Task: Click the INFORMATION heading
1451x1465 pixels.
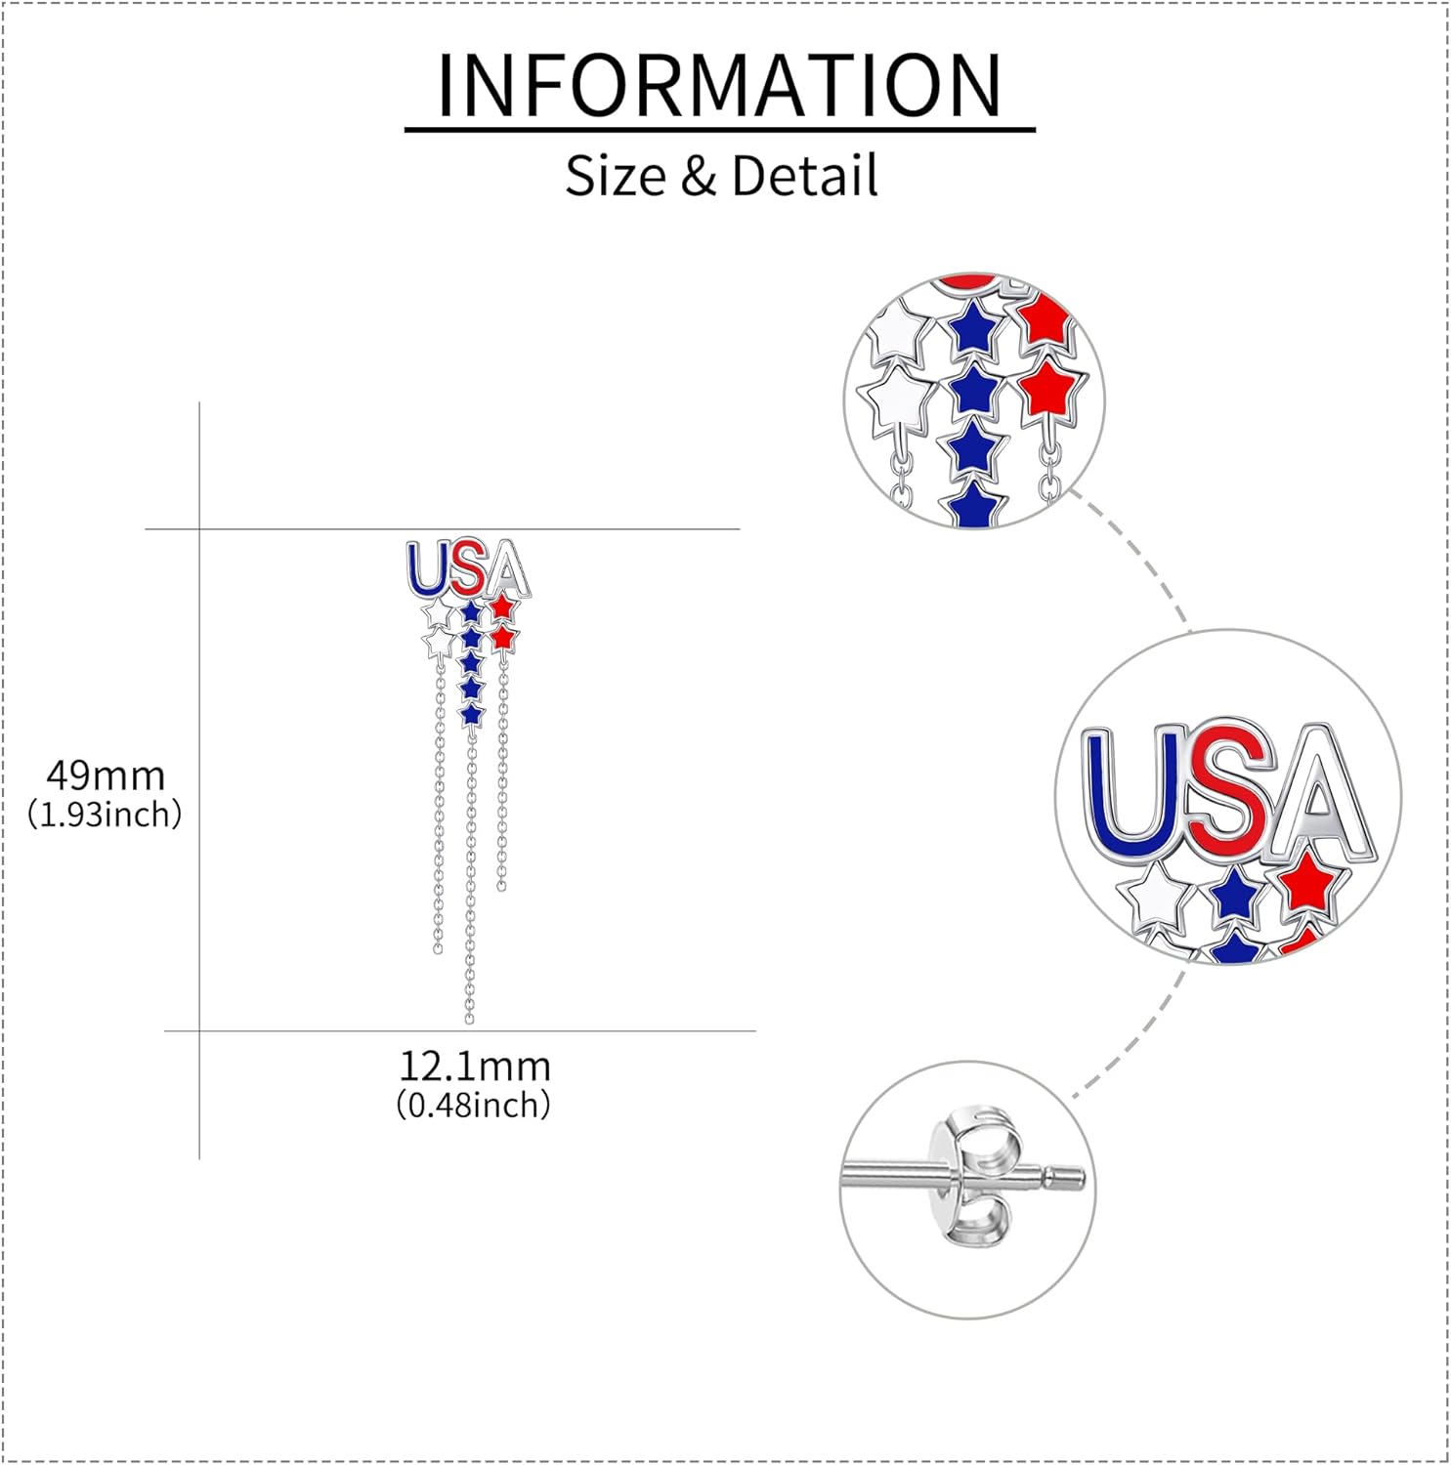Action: pos(719,86)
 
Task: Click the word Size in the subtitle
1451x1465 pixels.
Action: pos(615,177)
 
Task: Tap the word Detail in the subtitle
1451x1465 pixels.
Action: pos(804,177)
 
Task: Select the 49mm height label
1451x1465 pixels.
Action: pos(106,776)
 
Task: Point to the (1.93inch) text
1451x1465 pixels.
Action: pos(105,815)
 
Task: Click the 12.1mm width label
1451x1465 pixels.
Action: pos(475,1067)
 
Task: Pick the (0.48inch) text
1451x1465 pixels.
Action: pos(474,1106)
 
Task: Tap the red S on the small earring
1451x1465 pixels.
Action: pos(467,567)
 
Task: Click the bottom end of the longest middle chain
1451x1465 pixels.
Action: pos(469,1019)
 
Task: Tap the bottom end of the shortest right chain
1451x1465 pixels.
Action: pos(501,886)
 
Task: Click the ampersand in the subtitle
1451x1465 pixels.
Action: pos(698,177)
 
